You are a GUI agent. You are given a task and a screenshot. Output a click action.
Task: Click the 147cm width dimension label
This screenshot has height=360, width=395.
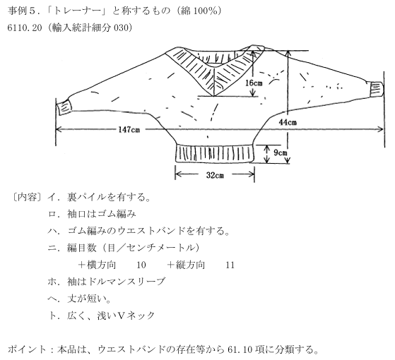point(129,130)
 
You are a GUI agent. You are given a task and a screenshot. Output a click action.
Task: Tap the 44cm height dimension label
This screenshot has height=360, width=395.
point(288,123)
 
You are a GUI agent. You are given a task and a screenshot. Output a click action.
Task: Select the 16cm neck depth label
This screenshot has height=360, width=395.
point(254,83)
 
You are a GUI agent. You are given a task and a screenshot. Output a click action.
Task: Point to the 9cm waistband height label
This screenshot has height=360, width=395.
point(280,152)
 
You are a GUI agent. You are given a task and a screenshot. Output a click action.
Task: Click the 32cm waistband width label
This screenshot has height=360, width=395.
point(215,175)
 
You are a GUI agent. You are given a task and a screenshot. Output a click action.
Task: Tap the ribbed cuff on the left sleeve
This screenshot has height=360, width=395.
point(65,108)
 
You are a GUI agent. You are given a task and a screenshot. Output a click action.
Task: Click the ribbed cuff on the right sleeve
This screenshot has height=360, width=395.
point(376,89)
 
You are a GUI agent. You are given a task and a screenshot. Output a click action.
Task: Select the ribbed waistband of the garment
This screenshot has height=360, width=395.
point(214,153)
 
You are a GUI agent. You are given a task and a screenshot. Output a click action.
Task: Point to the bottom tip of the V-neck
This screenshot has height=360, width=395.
point(213,96)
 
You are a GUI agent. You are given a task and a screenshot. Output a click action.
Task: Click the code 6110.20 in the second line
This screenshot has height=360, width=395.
point(25,28)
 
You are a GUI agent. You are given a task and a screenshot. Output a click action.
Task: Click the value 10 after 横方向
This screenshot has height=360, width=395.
point(141,265)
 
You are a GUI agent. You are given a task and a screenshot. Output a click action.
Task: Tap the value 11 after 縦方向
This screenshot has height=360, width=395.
point(230,265)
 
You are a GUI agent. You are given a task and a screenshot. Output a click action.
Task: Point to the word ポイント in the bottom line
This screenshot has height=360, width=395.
point(28,349)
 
